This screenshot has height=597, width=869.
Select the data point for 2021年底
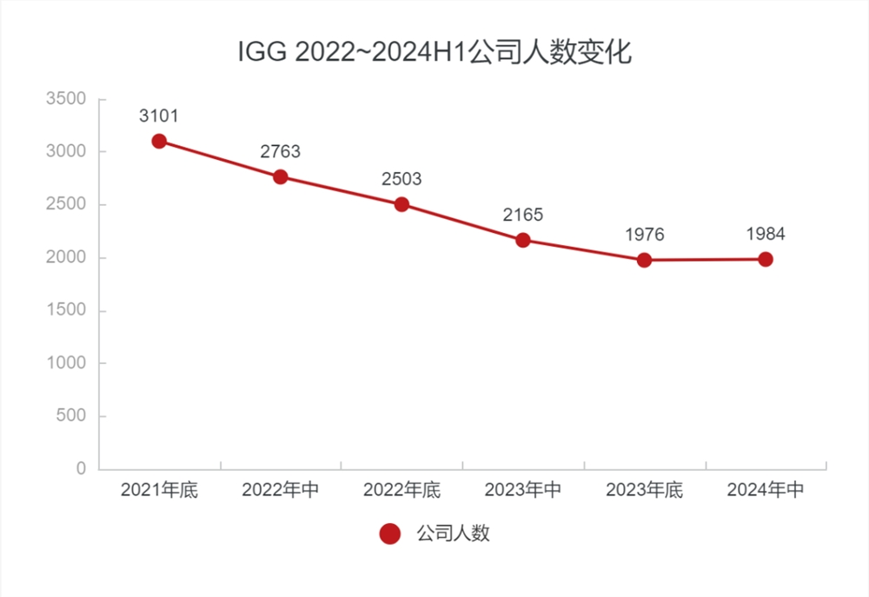click(x=159, y=141)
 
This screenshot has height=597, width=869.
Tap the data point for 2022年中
click(x=281, y=176)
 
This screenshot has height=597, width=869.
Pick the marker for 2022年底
click(x=401, y=204)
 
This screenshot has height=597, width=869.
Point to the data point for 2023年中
click(x=523, y=240)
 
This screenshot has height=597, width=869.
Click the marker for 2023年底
click(x=644, y=260)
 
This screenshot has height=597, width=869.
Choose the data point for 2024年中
click(x=766, y=259)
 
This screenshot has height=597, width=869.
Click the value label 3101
click(x=159, y=116)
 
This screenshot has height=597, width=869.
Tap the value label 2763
click(x=281, y=152)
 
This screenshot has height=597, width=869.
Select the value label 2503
click(x=401, y=179)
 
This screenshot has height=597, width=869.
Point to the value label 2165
click(x=523, y=215)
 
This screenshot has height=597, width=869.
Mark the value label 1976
click(x=644, y=235)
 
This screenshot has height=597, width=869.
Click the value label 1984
click(x=766, y=234)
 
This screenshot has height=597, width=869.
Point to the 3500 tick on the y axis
click(x=66, y=99)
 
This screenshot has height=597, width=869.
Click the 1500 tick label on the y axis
click(x=66, y=311)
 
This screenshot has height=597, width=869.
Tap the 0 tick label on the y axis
click(x=81, y=469)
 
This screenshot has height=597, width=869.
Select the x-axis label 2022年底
click(x=401, y=491)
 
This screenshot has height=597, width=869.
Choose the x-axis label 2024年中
click(x=766, y=491)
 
